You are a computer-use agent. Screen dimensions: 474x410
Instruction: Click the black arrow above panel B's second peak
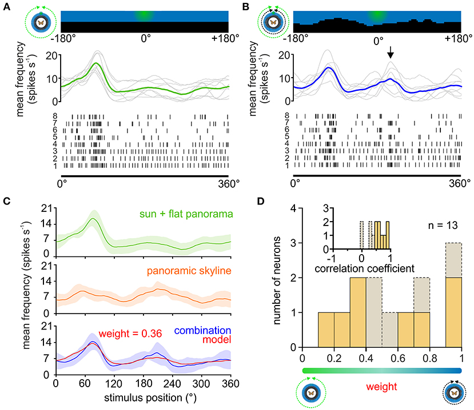pos(391,52)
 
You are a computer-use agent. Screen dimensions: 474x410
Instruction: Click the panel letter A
pos(6,7)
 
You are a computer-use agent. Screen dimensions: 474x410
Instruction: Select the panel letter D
pos(261,201)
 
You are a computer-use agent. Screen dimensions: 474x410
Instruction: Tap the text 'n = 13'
pos(443,225)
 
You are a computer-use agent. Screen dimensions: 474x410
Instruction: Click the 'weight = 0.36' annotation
pos(130,333)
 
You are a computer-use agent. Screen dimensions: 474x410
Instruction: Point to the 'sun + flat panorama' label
pos(186,214)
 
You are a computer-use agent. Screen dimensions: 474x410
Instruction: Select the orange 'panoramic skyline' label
pos(189,271)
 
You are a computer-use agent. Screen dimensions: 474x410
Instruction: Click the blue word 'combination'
pos(202,330)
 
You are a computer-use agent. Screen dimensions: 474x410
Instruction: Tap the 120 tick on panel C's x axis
pos(114,384)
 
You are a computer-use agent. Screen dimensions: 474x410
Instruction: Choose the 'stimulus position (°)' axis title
pos(150,397)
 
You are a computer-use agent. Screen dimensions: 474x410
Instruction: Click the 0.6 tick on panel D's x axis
pos(398,358)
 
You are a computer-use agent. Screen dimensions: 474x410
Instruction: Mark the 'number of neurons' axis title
pos(277,280)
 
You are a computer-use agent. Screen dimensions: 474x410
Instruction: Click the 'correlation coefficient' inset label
pos(364,268)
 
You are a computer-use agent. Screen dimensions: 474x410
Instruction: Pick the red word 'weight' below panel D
pos(381,387)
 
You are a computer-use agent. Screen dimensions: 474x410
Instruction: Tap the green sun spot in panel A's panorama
pos(145,15)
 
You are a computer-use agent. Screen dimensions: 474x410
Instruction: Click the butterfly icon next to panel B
pos(273,22)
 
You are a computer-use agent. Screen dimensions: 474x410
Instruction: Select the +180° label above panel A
pos(225,38)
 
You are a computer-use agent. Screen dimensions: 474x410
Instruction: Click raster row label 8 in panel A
pos(55,116)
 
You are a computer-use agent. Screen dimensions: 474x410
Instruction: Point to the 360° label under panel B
pos(460,183)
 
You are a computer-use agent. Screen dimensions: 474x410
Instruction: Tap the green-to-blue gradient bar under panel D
pos(382,371)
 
